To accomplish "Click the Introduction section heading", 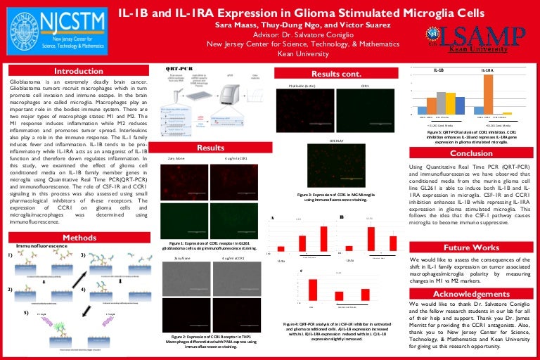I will tap(79, 72).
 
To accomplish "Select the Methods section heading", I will tap(79, 238).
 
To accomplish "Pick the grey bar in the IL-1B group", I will tap(442, 103).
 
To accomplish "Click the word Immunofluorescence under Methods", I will tap(41, 245).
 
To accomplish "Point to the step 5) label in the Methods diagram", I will tap(27, 311).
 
